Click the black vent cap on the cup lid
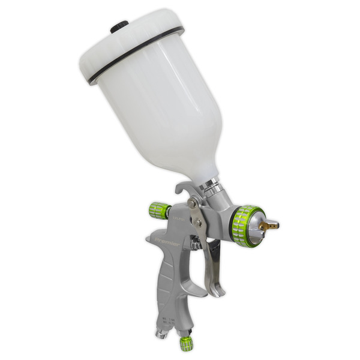pyautogui.click(x=119, y=26)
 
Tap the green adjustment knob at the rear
pyautogui.click(x=160, y=211)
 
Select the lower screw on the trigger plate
pyautogui.click(x=197, y=223)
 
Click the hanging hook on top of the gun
pyautogui.click(x=183, y=188)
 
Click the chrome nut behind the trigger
pyautogui.click(x=196, y=245)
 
